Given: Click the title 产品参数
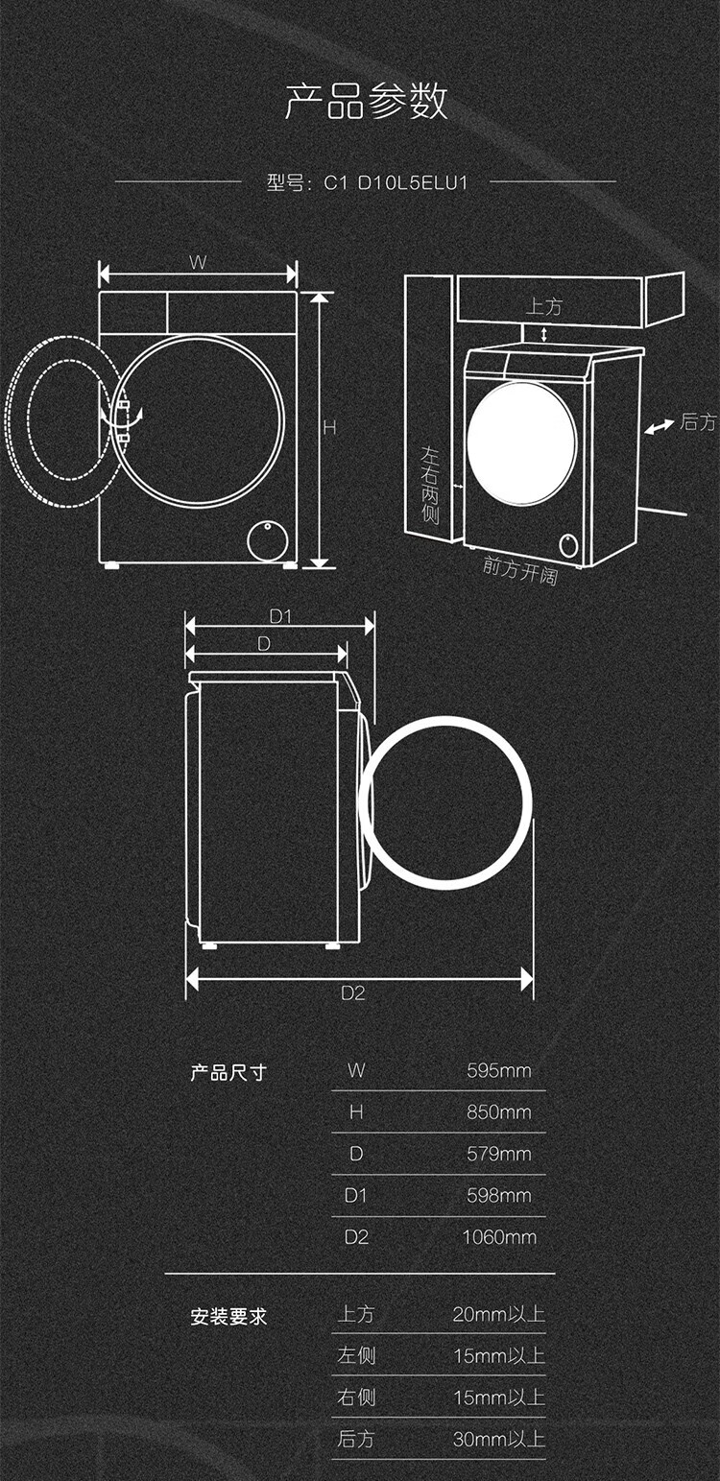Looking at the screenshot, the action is click(367, 102).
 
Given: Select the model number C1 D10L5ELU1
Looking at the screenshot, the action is click(396, 182).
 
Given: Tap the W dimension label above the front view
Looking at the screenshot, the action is click(198, 262).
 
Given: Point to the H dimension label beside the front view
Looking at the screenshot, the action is click(329, 428).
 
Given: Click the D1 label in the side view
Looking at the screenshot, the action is click(280, 617).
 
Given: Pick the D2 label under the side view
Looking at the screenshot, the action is click(352, 993).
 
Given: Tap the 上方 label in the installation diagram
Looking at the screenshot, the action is click(543, 306).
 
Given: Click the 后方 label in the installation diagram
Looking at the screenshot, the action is click(698, 421).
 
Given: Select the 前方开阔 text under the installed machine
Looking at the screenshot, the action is click(520, 570).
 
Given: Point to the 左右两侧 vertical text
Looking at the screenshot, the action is click(430, 485).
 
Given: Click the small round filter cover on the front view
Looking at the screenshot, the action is click(267, 541).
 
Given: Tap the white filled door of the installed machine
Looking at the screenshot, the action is click(521, 443).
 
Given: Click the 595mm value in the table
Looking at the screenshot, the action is click(499, 1070).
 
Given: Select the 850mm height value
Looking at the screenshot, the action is click(499, 1112).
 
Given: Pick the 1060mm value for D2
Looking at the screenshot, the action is click(499, 1237).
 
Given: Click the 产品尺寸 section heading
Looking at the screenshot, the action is click(228, 1072).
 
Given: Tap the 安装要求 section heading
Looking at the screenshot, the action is click(228, 1317).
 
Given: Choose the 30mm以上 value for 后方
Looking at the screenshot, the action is click(499, 1439).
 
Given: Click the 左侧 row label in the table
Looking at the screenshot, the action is click(356, 1356).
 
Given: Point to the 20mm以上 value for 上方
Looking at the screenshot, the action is click(499, 1314).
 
